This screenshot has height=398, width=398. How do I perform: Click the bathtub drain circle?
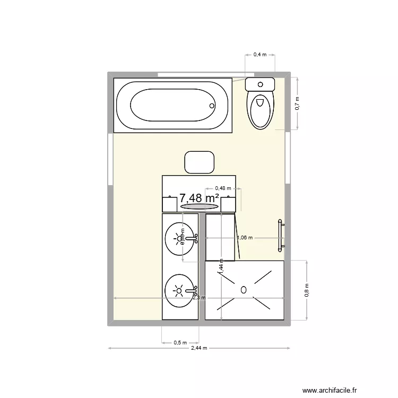212,106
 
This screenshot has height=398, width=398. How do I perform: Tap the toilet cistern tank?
259,84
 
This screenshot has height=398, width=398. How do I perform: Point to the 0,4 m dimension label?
260,55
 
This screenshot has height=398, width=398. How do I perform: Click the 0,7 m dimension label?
297,103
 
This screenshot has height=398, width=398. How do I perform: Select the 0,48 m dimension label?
223,188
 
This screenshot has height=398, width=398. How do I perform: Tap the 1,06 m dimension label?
245,238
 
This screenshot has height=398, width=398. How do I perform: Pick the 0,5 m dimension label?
180,342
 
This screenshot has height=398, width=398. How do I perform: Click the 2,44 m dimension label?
199,349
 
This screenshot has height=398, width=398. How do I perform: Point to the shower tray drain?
244,290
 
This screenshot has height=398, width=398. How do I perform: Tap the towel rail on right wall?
281,234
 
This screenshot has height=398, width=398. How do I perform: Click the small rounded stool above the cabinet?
199,162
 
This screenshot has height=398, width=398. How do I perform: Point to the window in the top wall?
200,73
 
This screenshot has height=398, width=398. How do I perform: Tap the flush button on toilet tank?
259,84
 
